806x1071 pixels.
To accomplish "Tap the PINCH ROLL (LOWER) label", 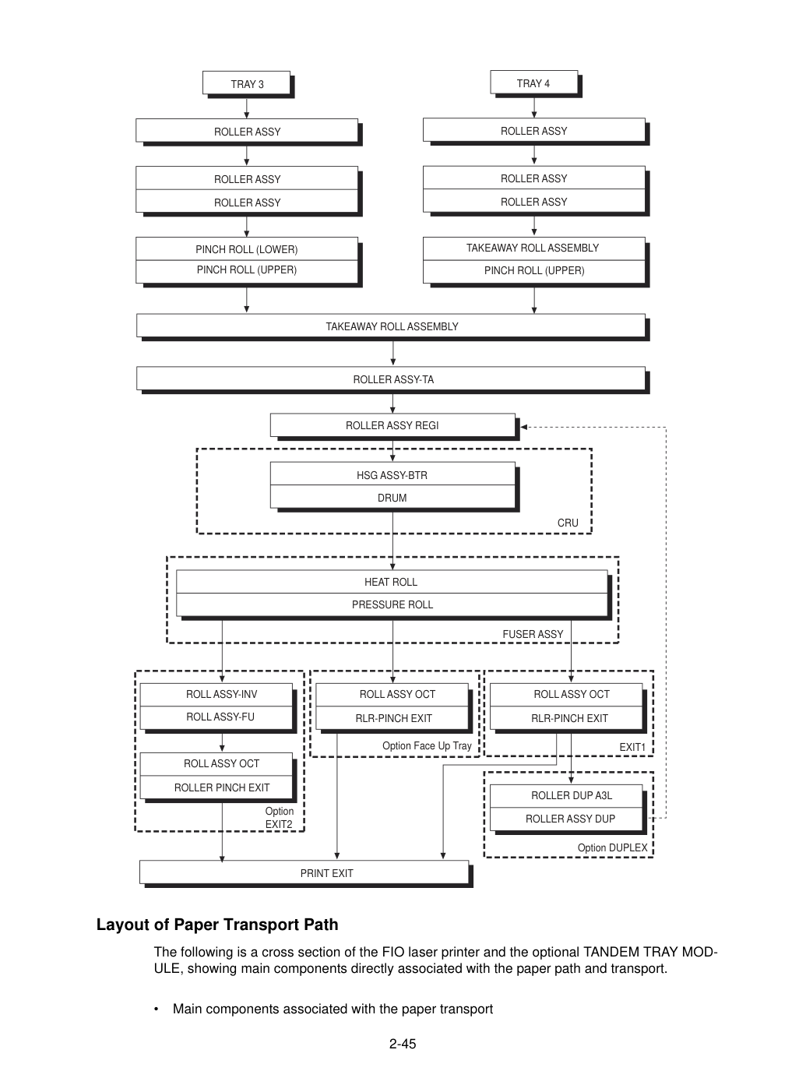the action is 247,249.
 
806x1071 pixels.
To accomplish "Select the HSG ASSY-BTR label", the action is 392,475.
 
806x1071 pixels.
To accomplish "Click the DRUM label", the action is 392,498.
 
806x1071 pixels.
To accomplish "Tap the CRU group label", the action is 568,523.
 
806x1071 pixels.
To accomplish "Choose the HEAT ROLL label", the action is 391,582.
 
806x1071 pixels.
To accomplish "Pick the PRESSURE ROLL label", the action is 392,604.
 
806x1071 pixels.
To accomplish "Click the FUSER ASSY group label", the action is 533,634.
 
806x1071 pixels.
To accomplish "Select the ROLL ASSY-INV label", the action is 221,694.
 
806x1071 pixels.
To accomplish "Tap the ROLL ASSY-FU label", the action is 220,717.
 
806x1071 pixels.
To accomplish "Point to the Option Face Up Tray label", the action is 427,745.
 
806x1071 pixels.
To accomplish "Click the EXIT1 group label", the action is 632,747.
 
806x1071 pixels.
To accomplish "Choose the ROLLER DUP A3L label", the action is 572,795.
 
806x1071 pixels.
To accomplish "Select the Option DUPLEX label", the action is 612,847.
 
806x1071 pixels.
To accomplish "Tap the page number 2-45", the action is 403,1044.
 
